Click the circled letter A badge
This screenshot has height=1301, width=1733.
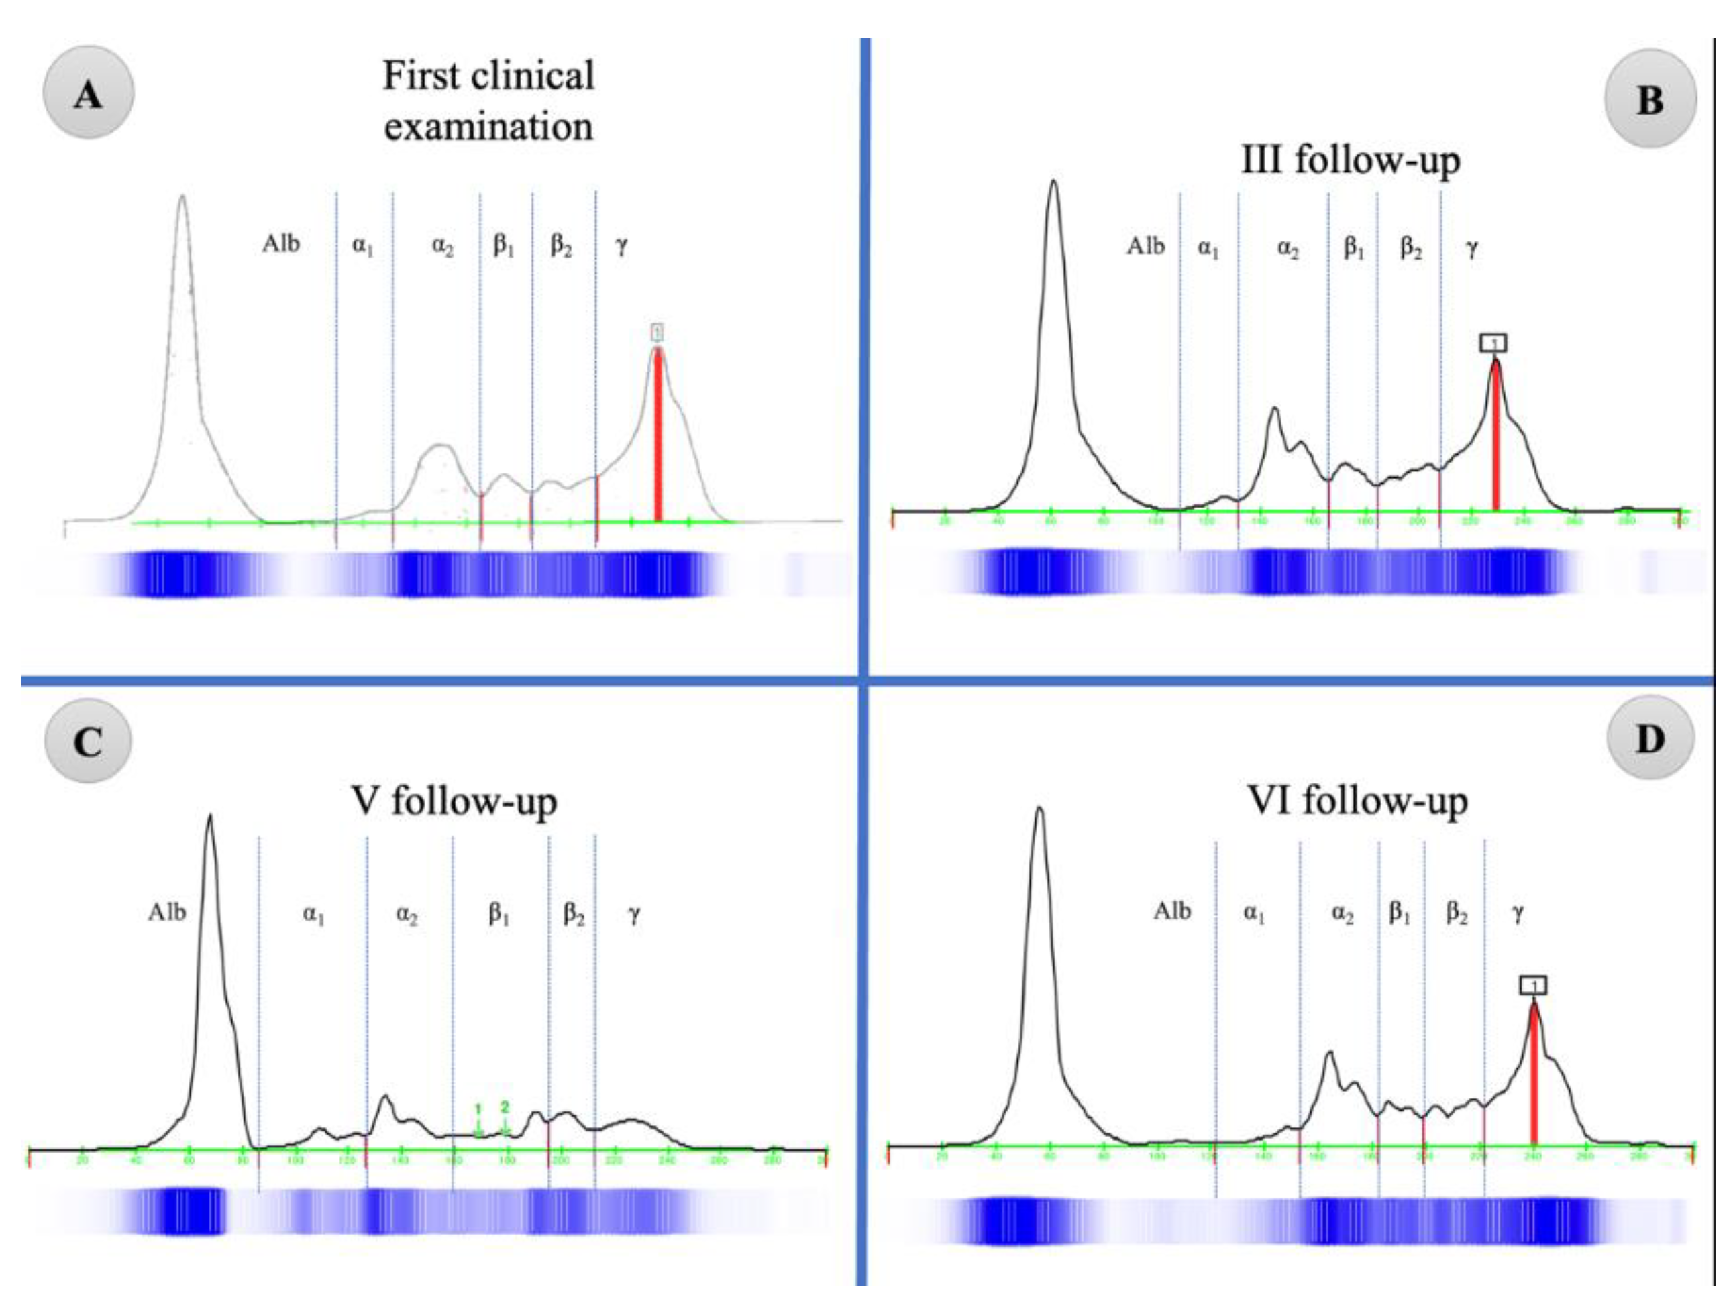pyautogui.click(x=88, y=93)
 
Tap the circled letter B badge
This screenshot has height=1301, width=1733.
pyautogui.click(x=1650, y=99)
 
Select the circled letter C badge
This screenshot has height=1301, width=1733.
pyautogui.click(x=88, y=740)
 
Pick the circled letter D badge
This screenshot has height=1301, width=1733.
pyautogui.click(x=1650, y=737)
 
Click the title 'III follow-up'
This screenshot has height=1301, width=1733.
pyautogui.click(x=1351, y=160)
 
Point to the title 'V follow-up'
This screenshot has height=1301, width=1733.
pyautogui.click(x=454, y=801)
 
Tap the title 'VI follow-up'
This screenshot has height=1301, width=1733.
pyautogui.click(x=1357, y=801)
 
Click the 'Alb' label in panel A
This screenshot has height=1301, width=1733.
pyautogui.click(x=280, y=243)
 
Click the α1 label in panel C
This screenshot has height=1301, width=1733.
pyautogui.click(x=313, y=913)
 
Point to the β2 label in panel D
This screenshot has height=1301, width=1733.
pyautogui.click(x=1457, y=913)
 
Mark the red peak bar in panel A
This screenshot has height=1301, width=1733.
pyautogui.click(x=658, y=435)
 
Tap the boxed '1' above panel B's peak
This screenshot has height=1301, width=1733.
pyautogui.click(x=1493, y=342)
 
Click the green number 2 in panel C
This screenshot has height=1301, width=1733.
pyautogui.click(x=505, y=1107)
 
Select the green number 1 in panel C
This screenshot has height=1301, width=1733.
pyautogui.click(x=478, y=1109)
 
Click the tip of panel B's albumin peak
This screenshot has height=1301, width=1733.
pyautogui.click(x=1054, y=182)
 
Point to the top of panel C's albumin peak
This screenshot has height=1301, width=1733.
pyautogui.click(x=209, y=816)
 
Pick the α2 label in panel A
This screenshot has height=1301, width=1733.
pyautogui.click(x=443, y=246)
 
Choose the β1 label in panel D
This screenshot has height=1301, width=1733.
pyautogui.click(x=1400, y=913)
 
